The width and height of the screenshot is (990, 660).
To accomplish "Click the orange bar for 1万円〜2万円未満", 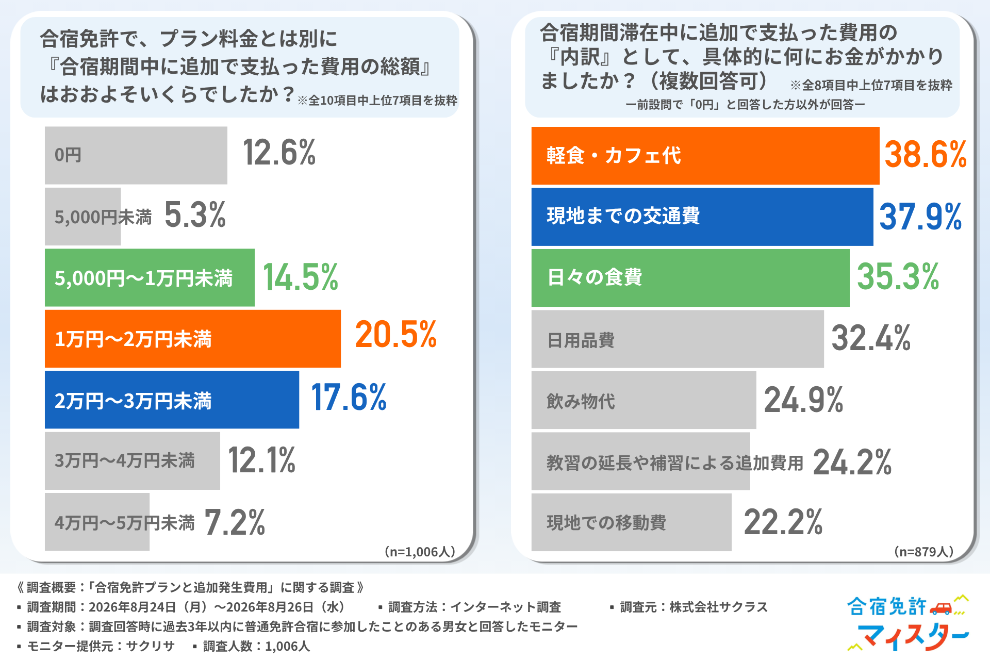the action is (193, 339).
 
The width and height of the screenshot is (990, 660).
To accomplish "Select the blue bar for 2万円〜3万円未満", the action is (172, 400).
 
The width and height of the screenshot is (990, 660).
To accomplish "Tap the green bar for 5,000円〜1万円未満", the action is (150, 278).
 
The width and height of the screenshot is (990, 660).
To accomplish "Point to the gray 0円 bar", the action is (136, 155).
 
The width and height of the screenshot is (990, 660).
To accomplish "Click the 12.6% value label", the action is (279, 153).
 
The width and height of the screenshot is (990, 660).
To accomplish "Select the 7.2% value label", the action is (235, 522).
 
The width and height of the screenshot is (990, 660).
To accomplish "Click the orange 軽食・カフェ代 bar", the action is (705, 156).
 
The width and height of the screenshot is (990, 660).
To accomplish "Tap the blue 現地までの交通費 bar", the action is (702, 217).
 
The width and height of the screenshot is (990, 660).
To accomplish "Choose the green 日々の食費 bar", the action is (690, 278).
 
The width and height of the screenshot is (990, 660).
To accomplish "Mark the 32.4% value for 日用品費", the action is (871, 338).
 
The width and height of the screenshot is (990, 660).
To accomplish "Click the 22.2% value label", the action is (783, 522).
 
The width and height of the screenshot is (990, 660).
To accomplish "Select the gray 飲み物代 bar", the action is (643, 400).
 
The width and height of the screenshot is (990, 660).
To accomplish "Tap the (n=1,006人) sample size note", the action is (420, 552).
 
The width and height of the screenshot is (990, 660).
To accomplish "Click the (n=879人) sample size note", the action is (923, 552).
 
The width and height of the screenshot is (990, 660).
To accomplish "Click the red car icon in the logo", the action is (940, 608).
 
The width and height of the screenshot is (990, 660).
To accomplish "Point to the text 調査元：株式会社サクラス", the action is (694, 607).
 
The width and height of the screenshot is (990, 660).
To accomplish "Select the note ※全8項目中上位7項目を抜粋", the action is (871, 85).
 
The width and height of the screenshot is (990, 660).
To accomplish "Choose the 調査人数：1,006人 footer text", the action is (256, 646).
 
